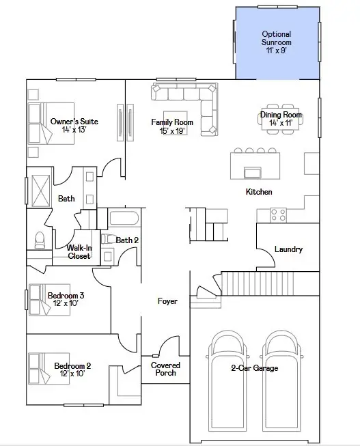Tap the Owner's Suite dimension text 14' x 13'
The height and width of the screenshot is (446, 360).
click(x=74, y=130)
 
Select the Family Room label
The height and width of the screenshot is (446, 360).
click(x=171, y=122)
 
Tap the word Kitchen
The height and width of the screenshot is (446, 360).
click(x=259, y=192)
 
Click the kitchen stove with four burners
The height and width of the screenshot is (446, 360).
click(x=278, y=214)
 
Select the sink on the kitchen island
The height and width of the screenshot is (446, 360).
click(x=252, y=170)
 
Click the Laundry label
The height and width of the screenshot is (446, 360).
click(x=288, y=249)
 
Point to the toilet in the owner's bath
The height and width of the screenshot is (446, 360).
click(x=39, y=240)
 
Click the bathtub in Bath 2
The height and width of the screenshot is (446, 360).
click(x=124, y=220)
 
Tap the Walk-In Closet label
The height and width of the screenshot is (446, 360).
click(x=80, y=252)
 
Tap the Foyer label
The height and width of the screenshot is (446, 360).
click(x=167, y=301)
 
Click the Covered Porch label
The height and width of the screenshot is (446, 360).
click(x=165, y=370)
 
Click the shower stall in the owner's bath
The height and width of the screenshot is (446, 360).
click(x=38, y=191)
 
